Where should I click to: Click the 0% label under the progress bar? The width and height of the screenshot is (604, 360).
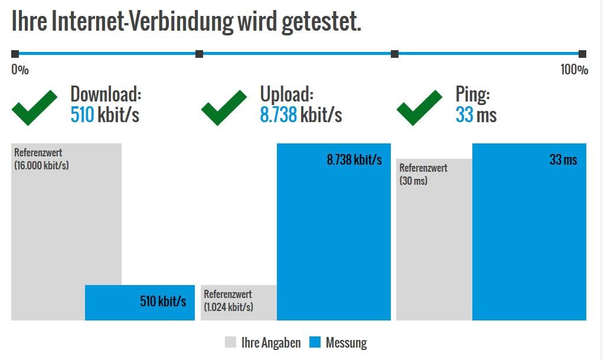(x=20, y=70)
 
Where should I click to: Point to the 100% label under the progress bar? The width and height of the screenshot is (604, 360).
(x=574, y=70)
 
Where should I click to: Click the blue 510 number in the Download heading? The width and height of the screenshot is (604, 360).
(x=82, y=114)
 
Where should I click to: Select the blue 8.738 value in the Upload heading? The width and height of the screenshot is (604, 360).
(x=278, y=114)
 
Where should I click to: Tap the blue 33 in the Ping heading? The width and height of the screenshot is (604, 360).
(x=464, y=114)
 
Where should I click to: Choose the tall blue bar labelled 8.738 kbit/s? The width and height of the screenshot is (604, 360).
(x=334, y=236)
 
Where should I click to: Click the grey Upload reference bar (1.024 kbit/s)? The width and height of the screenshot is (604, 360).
(x=238, y=303)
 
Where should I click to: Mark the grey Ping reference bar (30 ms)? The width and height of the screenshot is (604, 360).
(x=434, y=248)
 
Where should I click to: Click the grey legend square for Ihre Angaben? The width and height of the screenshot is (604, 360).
(x=231, y=342)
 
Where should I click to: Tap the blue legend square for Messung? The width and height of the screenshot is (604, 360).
(x=315, y=342)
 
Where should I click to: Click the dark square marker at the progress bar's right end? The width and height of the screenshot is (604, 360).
(x=582, y=54)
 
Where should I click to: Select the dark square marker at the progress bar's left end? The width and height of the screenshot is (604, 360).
(x=15, y=54)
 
